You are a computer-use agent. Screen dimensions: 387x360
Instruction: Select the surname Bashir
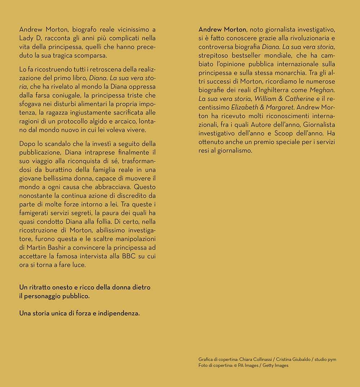(x=61, y=248)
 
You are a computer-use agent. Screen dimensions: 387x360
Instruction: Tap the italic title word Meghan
(x=322, y=90)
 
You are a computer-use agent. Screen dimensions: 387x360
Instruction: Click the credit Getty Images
(x=275, y=365)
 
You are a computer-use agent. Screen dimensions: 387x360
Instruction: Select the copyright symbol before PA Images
(x=236, y=365)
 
